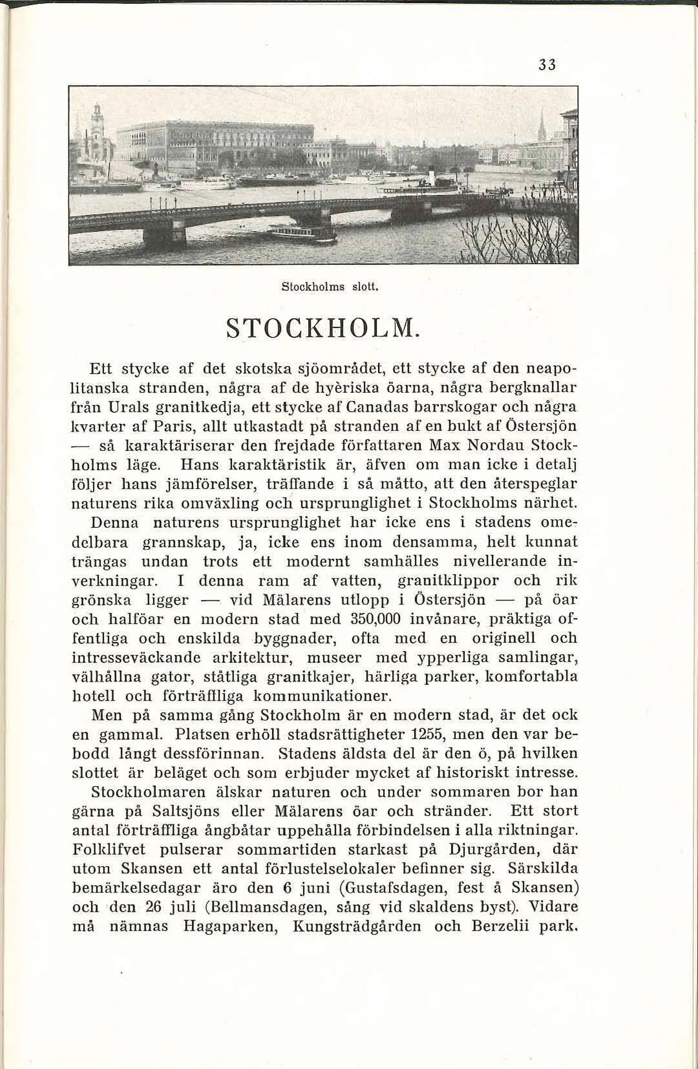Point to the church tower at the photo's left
tap(97, 130)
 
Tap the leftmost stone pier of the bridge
tap(165, 236)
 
